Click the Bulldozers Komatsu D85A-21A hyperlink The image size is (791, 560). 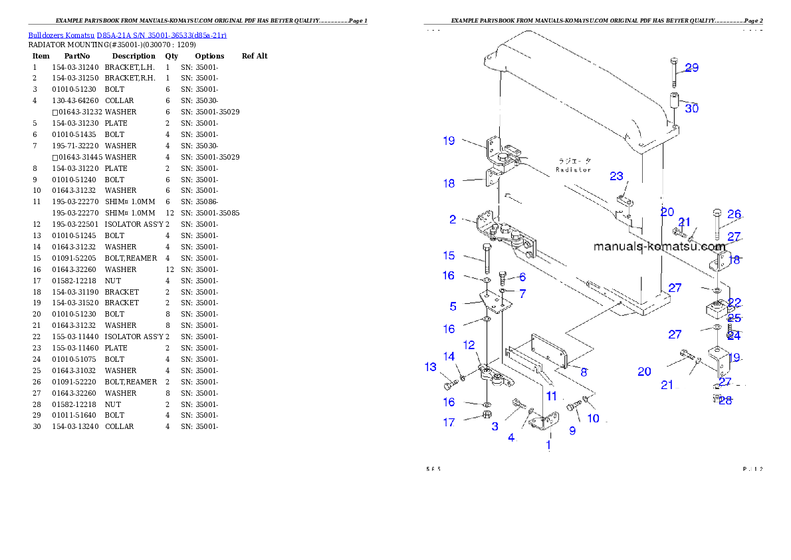point(127,35)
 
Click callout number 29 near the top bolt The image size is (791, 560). point(691,68)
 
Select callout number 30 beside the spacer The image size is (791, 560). point(691,108)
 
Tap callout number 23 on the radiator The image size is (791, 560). point(617,176)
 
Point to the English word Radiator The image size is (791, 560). point(573,170)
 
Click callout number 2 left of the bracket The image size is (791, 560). point(453,219)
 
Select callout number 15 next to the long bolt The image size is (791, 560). point(449,255)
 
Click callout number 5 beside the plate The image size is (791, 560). point(453,307)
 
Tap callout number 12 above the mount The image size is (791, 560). point(469,345)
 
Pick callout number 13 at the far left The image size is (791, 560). point(430,367)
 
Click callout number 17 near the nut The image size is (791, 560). point(449,422)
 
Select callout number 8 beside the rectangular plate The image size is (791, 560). point(584,372)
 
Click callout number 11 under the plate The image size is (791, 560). point(551,396)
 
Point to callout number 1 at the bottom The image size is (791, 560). point(548,446)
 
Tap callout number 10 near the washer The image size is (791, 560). point(592,418)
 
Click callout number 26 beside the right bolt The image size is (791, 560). point(734,214)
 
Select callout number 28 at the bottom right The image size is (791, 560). point(725,400)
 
